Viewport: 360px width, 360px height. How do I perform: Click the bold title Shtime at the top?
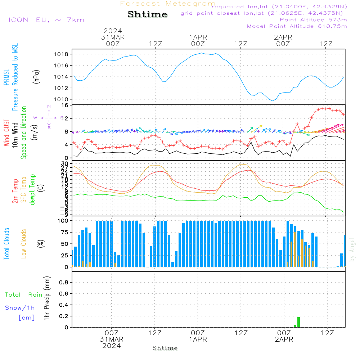pos(148,14)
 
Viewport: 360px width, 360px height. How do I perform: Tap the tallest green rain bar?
pos(298,322)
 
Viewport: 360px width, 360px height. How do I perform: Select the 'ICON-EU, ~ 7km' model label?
pos(46,20)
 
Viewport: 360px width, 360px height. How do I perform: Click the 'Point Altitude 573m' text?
pos(313,20)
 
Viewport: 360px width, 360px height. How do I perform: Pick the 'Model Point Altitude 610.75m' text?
pos(297,26)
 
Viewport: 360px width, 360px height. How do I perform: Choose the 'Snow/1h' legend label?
pos(20,308)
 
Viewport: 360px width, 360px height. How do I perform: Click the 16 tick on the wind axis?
pos(65,105)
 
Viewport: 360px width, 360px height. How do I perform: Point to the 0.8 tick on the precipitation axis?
pos(64,283)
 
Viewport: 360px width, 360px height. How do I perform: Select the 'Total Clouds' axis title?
pos(7,243)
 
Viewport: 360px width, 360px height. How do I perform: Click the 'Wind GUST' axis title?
pos(7,133)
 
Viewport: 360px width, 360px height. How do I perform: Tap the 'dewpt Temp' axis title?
pos(32,190)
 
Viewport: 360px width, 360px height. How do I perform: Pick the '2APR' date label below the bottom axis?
pos(284,339)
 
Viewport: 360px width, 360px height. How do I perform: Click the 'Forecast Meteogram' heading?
pos(168,4)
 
